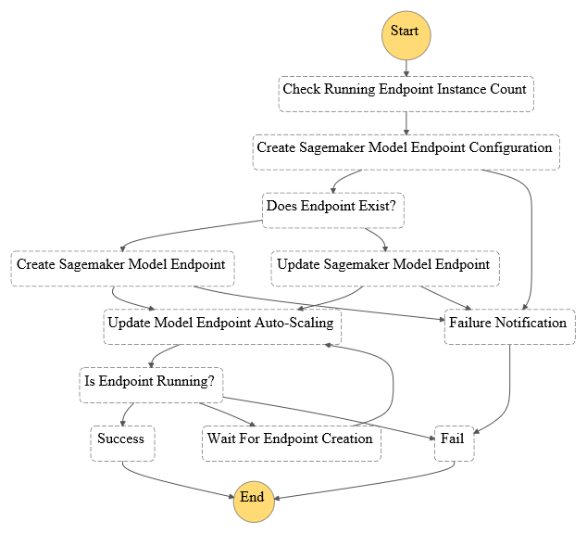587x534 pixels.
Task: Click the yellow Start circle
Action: [x=406, y=35]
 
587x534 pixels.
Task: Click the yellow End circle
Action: [x=254, y=502]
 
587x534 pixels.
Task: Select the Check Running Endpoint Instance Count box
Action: [x=406, y=94]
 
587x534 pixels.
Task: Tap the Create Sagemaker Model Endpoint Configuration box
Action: [x=406, y=152]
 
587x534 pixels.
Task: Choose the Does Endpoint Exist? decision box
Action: [x=333, y=210]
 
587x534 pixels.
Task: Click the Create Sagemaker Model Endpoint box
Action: [x=123, y=269]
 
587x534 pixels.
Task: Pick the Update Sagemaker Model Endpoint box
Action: [x=385, y=269]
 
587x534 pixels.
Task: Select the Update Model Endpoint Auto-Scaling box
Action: [x=222, y=326]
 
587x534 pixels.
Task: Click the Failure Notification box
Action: [x=510, y=326]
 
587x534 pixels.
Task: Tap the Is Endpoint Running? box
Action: [x=151, y=386]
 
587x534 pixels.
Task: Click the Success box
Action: [x=122, y=443]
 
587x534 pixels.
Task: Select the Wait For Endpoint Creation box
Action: [x=292, y=443]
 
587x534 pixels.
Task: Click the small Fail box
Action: [x=454, y=443]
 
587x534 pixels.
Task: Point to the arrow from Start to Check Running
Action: [x=406, y=69]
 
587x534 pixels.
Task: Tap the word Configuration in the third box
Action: [x=511, y=147]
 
